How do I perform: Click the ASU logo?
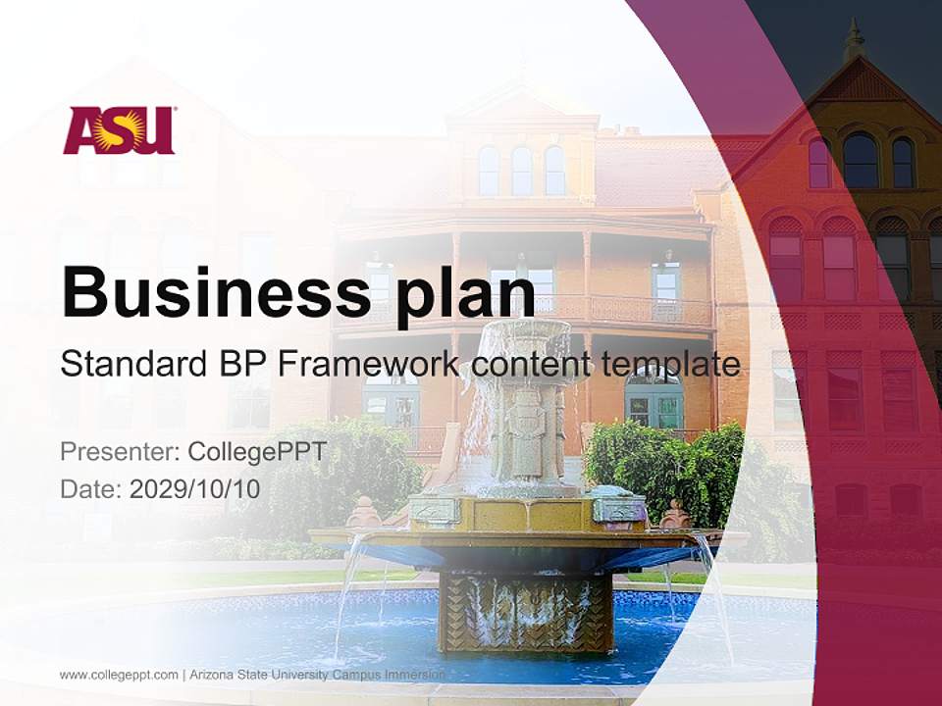[119, 130]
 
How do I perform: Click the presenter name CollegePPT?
[256, 452]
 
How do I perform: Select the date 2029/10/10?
[194, 488]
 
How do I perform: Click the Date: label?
[91, 488]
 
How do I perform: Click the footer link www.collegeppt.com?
[119, 675]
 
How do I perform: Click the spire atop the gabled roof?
[855, 39]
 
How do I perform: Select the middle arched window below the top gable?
[860, 161]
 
